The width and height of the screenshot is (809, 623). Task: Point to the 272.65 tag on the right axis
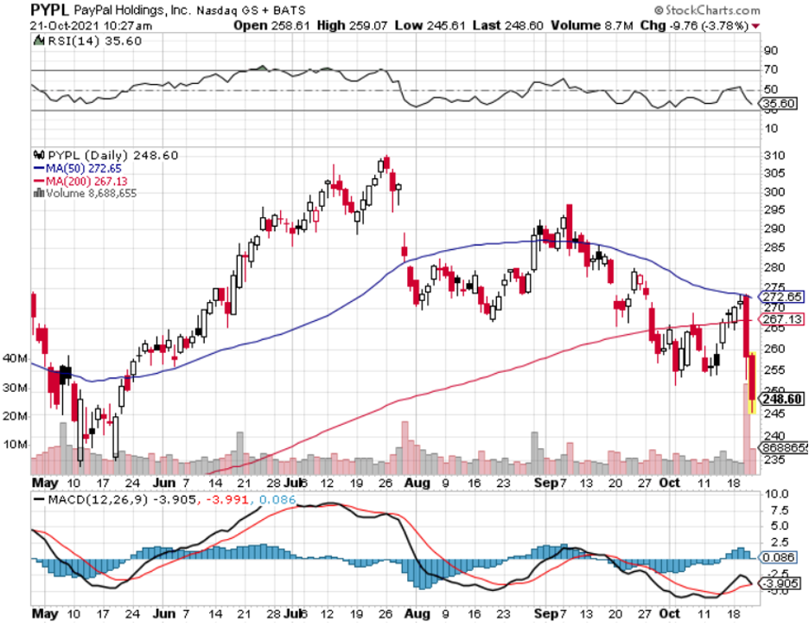tap(782, 296)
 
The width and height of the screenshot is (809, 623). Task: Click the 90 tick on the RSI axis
tap(769, 49)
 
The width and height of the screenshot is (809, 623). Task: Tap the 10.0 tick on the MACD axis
tap(774, 494)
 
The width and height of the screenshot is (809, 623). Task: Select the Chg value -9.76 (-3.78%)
tap(699, 25)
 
